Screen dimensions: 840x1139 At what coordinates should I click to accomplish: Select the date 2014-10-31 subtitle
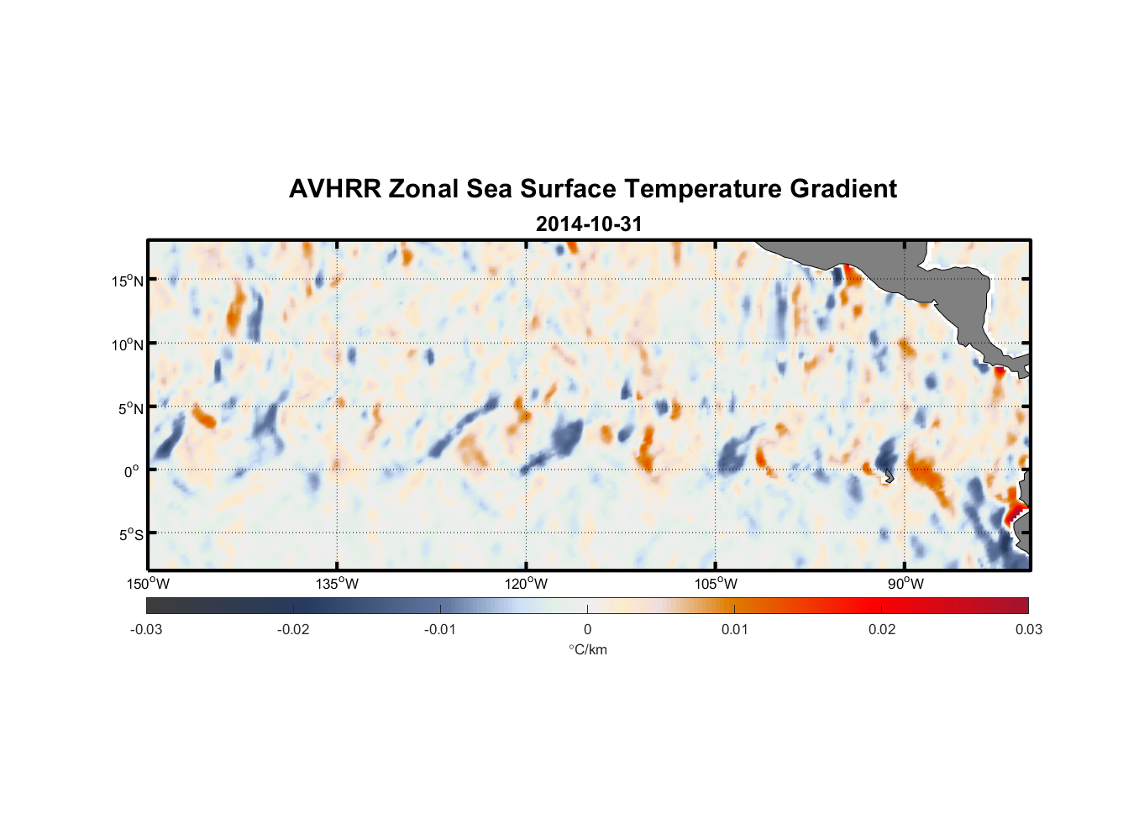click(589, 224)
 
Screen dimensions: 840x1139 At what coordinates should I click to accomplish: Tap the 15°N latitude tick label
click(127, 281)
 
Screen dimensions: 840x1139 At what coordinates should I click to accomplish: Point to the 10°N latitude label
click(127, 344)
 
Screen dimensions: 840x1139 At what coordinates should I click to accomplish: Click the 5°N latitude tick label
click(129, 408)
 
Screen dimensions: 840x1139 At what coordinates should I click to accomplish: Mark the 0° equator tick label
click(131, 472)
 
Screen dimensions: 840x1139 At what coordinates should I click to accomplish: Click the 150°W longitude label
click(148, 584)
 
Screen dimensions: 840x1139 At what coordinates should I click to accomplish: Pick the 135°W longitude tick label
click(337, 584)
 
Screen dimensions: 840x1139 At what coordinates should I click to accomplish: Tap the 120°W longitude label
click(526, 584)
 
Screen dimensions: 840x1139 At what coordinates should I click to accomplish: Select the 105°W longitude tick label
click(716, 584)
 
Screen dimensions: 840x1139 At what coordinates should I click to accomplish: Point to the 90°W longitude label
click(905, 584)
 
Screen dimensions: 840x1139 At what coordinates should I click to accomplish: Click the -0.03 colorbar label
click(146, 630)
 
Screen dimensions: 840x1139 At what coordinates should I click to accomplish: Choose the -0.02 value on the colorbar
click(293, 630)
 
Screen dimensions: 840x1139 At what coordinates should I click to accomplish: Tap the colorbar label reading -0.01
click(440, 630)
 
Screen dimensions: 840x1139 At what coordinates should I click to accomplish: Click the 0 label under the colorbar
click(587, 630)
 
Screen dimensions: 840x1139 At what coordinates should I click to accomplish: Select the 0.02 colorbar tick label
click(882, 630)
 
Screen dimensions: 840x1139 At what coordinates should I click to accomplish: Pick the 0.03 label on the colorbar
click(1028, 630)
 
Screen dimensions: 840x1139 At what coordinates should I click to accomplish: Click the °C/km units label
click(588, 649)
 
